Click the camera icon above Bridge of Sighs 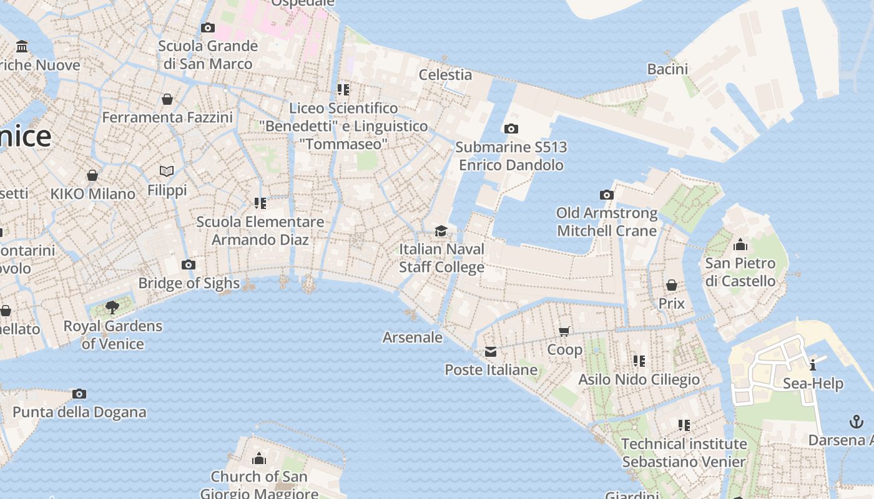coord(188,265)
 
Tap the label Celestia coord(445,75)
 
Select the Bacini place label coord(667,69)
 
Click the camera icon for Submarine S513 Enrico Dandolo coord(511,129)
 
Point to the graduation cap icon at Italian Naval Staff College coord(441,231)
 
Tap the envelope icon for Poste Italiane coord(491,352)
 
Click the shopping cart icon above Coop coord(564,332)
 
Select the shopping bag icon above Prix coord(672,286)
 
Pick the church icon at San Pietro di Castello coord(740,245)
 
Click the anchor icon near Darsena coord(857,422)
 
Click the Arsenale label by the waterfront coord(412,337)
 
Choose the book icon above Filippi coord(167,171)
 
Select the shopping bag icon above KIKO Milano coord(92,175)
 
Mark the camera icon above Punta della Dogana coord(79,394)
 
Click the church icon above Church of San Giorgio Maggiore coord(258,460)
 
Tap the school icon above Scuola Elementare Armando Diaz coord(260,203)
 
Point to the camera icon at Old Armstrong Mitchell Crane coord(606,195)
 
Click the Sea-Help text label coord(813,384)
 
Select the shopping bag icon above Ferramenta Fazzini coord(167,99)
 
